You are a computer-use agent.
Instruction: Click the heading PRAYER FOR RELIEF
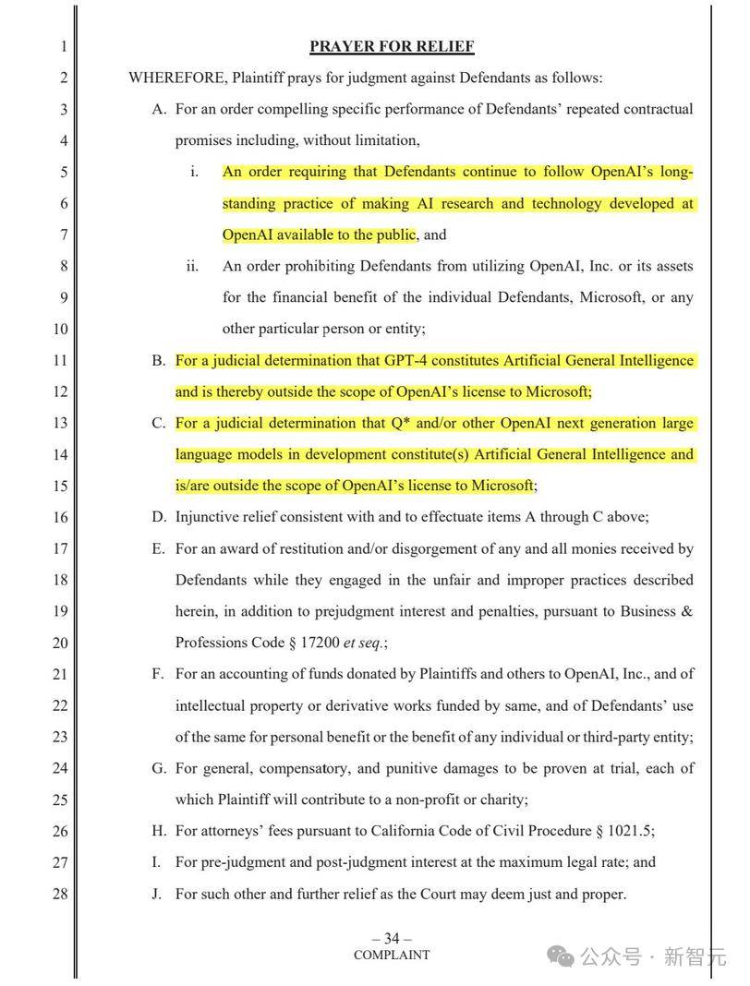pyautogui.click(x=392, y=46)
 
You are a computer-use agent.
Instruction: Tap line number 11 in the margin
pyautogui.click(x=60, y=360)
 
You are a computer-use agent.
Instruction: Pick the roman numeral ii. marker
pyautogui.click(x=192, y=266)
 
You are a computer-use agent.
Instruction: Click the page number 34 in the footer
pyautogui.click(x=392, y=939)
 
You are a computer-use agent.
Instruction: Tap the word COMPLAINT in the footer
pyautogui.click(x=392, y=956)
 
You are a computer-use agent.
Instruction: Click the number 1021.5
pyautogui.click(x=631, y=831)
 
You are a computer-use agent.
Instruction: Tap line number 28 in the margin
pyautogui.click(x=60, y=894)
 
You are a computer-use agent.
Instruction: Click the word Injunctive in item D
pyautogui.click(x=207, y=517)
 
